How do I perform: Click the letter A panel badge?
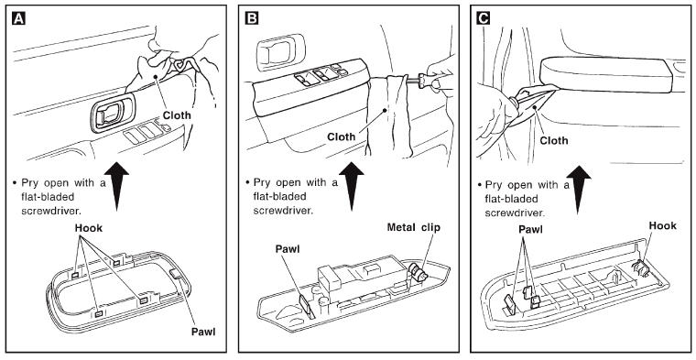pos(18,18)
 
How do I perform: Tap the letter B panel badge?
pos(251,18)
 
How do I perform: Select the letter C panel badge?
pos(483,18)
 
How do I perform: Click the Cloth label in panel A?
pos(177,115)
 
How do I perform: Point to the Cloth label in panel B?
pos(342,136)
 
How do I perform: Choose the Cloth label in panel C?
pos(553,141)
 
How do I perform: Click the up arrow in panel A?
pos(116,186)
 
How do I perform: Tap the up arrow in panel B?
pos(352,186)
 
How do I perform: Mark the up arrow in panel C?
pos(579,190)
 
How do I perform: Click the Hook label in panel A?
pos(88,228)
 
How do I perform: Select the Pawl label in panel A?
pos(203,332)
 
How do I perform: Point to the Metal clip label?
pos(414,228)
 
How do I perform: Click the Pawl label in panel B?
pos(288,249)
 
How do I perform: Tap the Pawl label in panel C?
pos(530,230)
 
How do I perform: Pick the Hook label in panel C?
pos(663,225)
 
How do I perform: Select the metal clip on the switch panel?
pos(419,272)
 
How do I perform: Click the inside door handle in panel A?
pos(112,114)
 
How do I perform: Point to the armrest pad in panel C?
pos(607,74)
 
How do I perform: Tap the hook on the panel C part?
pos(639,267)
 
